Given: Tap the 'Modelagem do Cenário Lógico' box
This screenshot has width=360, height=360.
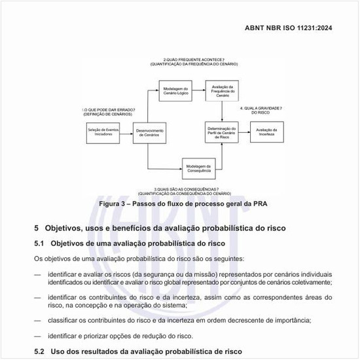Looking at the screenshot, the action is [x=176, y=90].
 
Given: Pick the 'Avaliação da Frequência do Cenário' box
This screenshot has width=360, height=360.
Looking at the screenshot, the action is [x=223, y=90].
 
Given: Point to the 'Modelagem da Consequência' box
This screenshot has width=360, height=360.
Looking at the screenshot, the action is [x=199, y=168].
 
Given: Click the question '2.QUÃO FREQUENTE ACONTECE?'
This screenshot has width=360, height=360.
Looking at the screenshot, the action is [x=194, y=60].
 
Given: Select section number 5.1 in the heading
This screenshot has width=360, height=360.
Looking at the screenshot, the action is [x=39, y=243].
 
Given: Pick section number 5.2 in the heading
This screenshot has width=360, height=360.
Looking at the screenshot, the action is [x=39, y=351].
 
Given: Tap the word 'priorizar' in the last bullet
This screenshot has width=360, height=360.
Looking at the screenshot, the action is [x=111, y=336].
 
